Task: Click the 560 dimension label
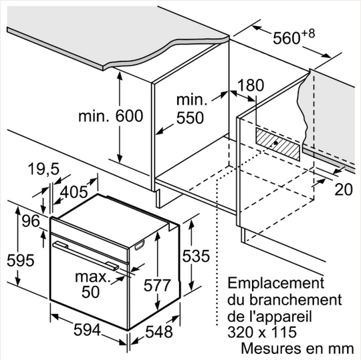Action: tap(287, 38)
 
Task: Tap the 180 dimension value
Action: tap(251, 85)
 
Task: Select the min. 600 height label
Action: tap(111, 116)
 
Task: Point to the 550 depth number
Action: tap(190, 118)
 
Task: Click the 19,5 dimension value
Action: tap(43, 169)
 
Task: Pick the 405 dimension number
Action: tap(74, 192)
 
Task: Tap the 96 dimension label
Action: tap(31, 221)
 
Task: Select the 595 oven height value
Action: tap(21, 260)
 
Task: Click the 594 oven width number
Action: tap(88, 330)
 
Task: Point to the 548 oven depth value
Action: tap(159, 332)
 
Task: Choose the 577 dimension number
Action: tap(158, 285)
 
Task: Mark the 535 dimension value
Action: tap(196, 256)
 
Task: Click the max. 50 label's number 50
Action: tap(91, 292)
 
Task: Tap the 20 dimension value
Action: tap(344, 189)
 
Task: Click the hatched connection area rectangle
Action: tap(278, 144)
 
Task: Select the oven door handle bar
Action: tap(86, 256)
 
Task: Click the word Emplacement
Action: tap(276, 283)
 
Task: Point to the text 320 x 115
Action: tap(262, 332)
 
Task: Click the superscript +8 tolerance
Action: tap(308, 34)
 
